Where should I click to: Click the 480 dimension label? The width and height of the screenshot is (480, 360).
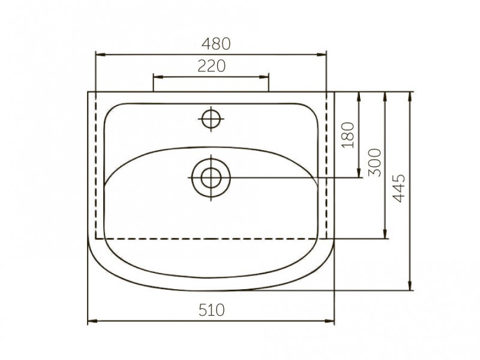[216, 43]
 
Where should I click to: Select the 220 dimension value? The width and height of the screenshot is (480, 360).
[212, 65]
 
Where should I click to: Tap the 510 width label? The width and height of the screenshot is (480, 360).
[212, 310]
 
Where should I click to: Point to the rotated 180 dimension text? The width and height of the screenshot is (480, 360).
[348, 135]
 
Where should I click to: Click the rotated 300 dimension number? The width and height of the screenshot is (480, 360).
[374, 163]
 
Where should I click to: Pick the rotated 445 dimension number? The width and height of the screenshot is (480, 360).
[398, 188]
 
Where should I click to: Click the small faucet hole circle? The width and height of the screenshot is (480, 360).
[211, 119]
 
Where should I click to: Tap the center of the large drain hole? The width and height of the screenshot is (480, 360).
[211, 178]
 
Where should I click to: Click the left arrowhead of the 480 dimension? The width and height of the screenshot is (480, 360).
[101, 55]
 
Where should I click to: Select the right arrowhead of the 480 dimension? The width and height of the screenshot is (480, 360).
[322, 55]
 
